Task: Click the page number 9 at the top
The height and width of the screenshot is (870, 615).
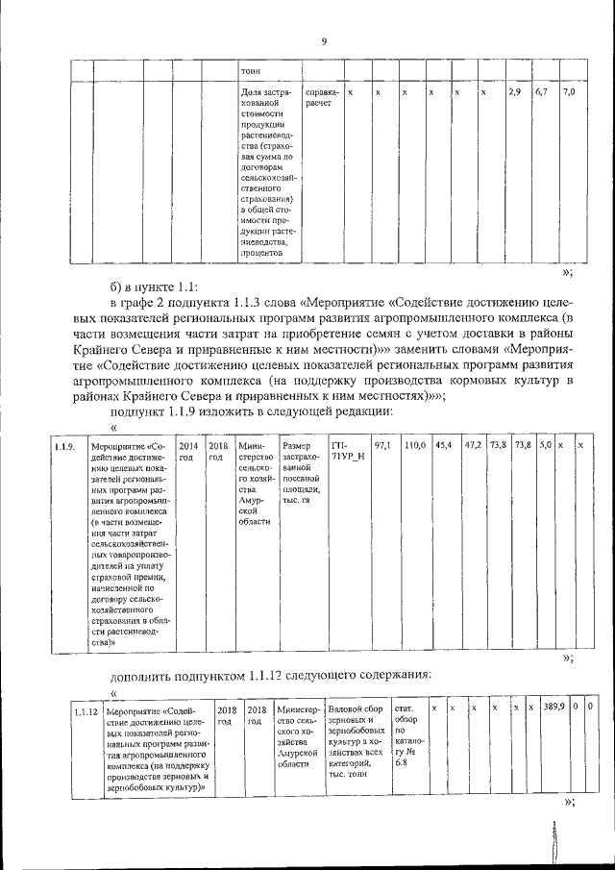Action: (324, 40)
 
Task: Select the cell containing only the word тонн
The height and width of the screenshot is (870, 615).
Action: (251, 70)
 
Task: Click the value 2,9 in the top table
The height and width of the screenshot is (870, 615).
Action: (514, 91)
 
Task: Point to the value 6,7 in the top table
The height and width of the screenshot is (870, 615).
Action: (541, 91)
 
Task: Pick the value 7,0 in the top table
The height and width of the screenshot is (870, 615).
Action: (568, 91)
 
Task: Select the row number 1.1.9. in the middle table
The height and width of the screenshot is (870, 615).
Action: (63, 446)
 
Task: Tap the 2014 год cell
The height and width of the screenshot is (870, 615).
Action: (188, 451)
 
